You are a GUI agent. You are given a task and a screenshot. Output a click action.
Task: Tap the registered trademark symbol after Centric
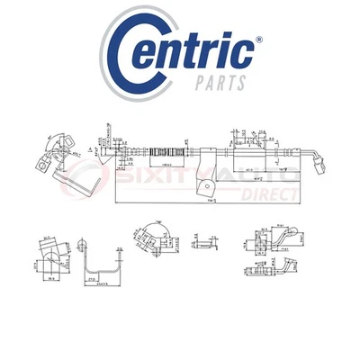(x=258, y=40)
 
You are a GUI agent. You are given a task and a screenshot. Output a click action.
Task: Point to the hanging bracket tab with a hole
(x=205, y=186)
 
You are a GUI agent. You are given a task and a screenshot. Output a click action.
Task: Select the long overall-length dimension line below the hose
(x=216, y=202)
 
